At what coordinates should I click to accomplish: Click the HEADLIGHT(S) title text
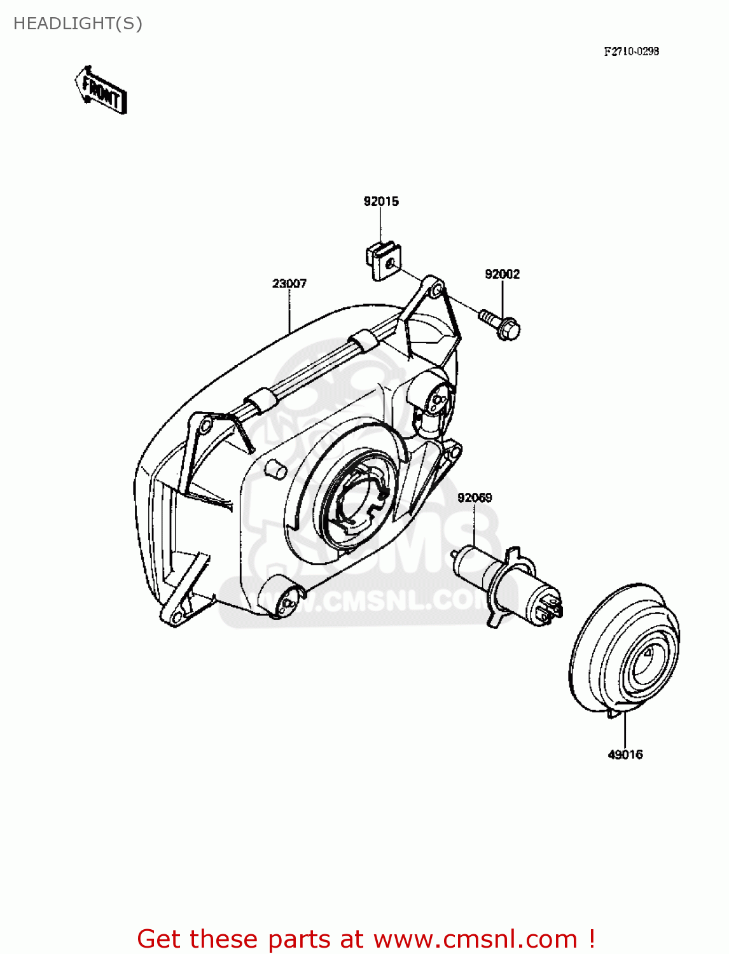coord(78,24)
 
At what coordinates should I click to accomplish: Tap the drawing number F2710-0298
coord(631,52)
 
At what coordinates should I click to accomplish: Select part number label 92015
coord(381,202)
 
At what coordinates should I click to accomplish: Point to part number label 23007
coord(289,284)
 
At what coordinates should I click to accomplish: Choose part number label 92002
coord(502,274)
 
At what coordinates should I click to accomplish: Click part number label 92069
coord(475,497)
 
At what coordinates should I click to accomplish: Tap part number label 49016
coord(625,755)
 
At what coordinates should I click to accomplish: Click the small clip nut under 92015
coord(383,260)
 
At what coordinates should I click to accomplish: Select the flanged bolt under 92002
coord(501,324)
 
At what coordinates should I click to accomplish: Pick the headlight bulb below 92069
coord(503,582)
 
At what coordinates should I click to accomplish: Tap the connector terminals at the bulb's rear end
coord(548,609)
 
